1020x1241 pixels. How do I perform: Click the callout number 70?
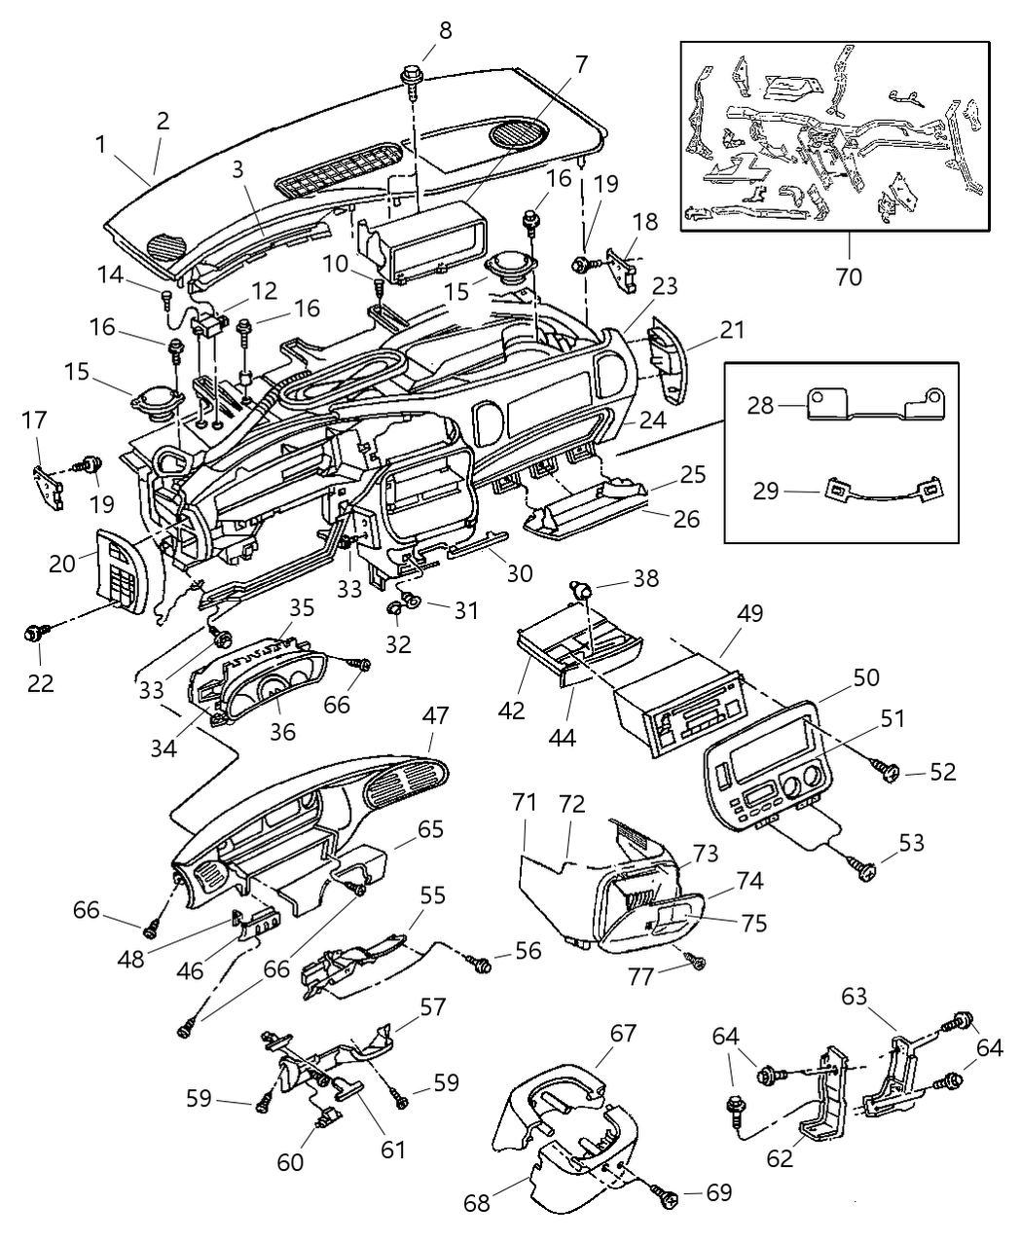(x=849, y=276)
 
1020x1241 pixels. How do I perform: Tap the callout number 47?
(x=435, y=715)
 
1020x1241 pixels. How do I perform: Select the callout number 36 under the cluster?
(x=282, y=730)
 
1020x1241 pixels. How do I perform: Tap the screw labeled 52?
(x=888, y=772)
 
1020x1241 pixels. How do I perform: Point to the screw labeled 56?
(x=480, y=962)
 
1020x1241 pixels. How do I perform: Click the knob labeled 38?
(x=581, y=588)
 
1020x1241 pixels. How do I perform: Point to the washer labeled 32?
(x=398, y=608)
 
